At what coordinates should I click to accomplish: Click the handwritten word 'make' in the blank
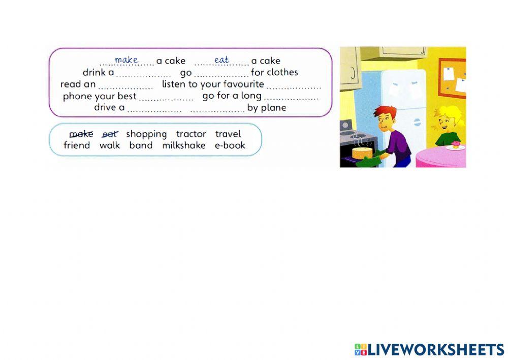pos(126,60)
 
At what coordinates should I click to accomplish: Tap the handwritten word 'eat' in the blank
pos(221,60)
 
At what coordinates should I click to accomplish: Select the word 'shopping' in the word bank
pos(146,134)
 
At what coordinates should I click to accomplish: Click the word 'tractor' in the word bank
pos(191,134)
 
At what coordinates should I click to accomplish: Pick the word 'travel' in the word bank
pos(228,134)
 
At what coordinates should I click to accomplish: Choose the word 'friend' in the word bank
pos(77,145)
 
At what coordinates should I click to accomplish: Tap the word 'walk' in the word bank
pos(110,145)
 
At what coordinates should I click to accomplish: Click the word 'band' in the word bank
pos(141,145)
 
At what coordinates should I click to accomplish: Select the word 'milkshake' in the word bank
pos(184,145)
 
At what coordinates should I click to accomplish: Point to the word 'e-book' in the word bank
pos(230,145)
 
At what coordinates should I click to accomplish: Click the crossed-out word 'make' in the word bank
pos(81,134)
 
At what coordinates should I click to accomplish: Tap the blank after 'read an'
pos(125,86)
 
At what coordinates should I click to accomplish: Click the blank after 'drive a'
pos(154,110)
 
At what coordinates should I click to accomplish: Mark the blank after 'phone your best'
pos(166,98)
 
